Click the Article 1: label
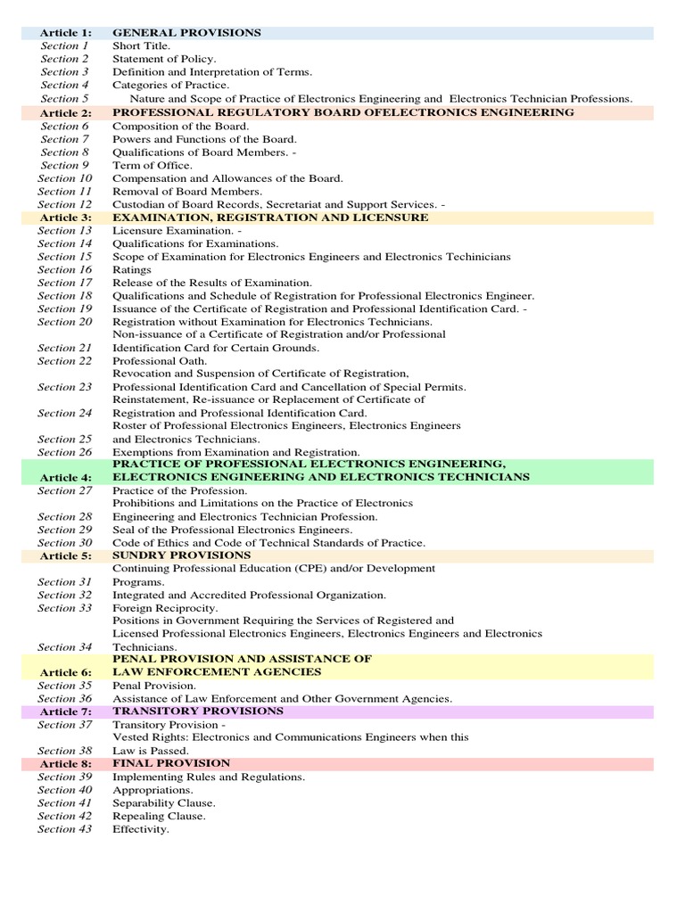point(65,33)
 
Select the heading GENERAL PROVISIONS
point(186,33)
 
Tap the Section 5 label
point(65,99)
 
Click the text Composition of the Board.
point(181,127)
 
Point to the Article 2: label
point(65,113)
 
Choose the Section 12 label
point(65,205)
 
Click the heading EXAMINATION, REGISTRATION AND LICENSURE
point(270,218)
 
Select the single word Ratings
point(132,269)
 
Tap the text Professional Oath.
point(160,361)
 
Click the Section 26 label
point(65,452)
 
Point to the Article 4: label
point(65,477)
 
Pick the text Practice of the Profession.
point(180,490)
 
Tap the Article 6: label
point(65,671)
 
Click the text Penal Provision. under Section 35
point(154,686)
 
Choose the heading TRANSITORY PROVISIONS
point(198,711)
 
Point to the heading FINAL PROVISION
point(171,763)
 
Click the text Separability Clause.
point(164,802)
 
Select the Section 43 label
point(65,829)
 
